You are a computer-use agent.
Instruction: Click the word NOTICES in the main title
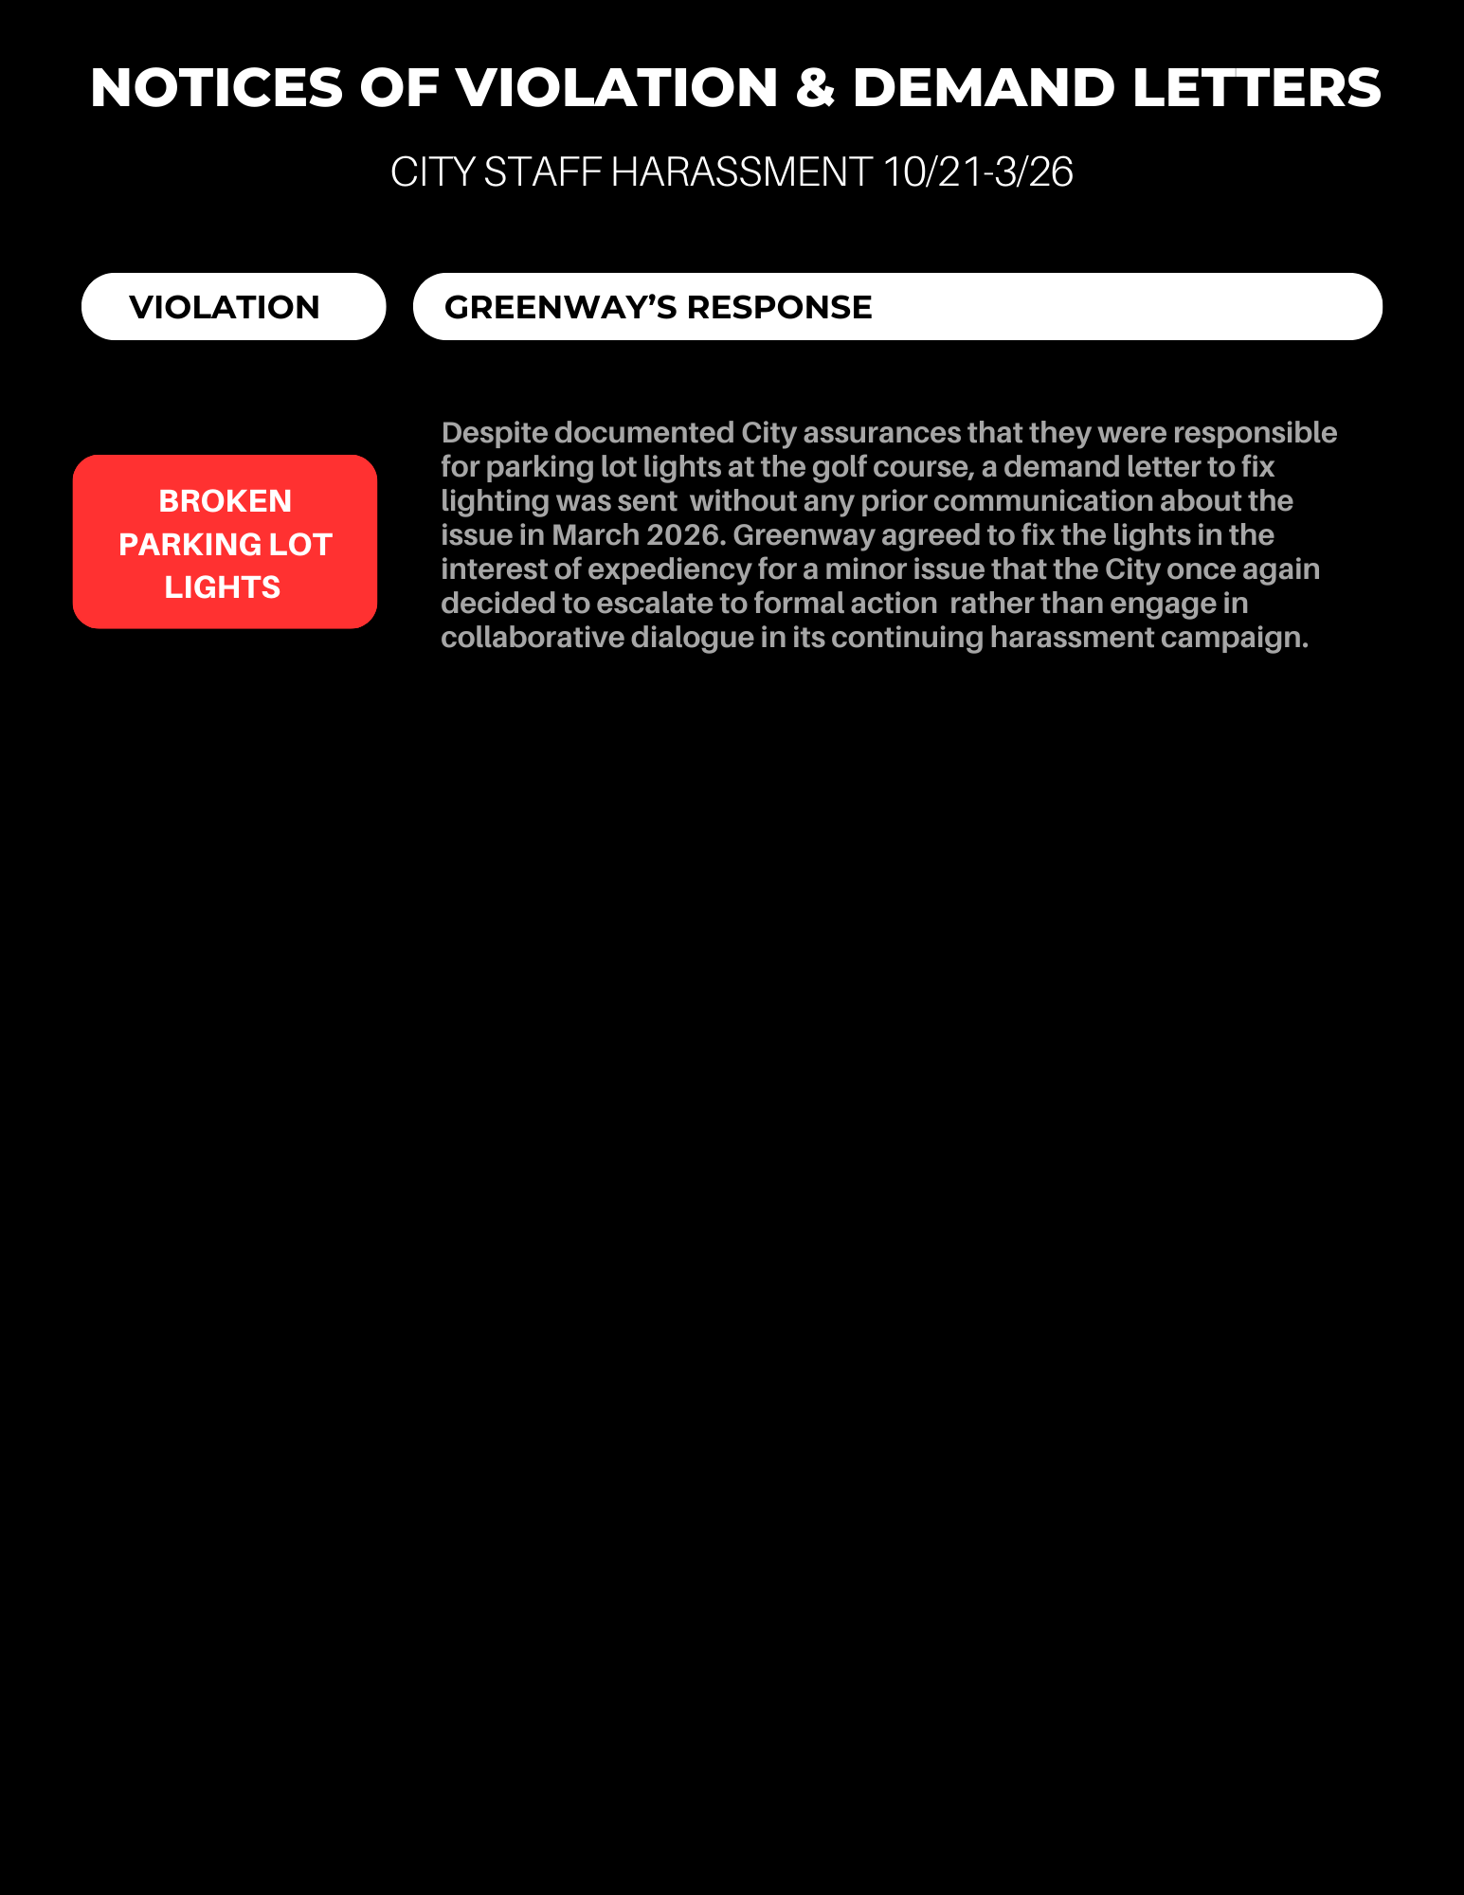coord(216,88)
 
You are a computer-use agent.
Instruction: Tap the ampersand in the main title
coord(814,88)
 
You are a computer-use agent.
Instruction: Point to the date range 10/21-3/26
coord(978,172)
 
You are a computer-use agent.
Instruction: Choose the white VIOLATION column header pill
coord(233,307)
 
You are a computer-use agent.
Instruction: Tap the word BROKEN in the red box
coord(225,500)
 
